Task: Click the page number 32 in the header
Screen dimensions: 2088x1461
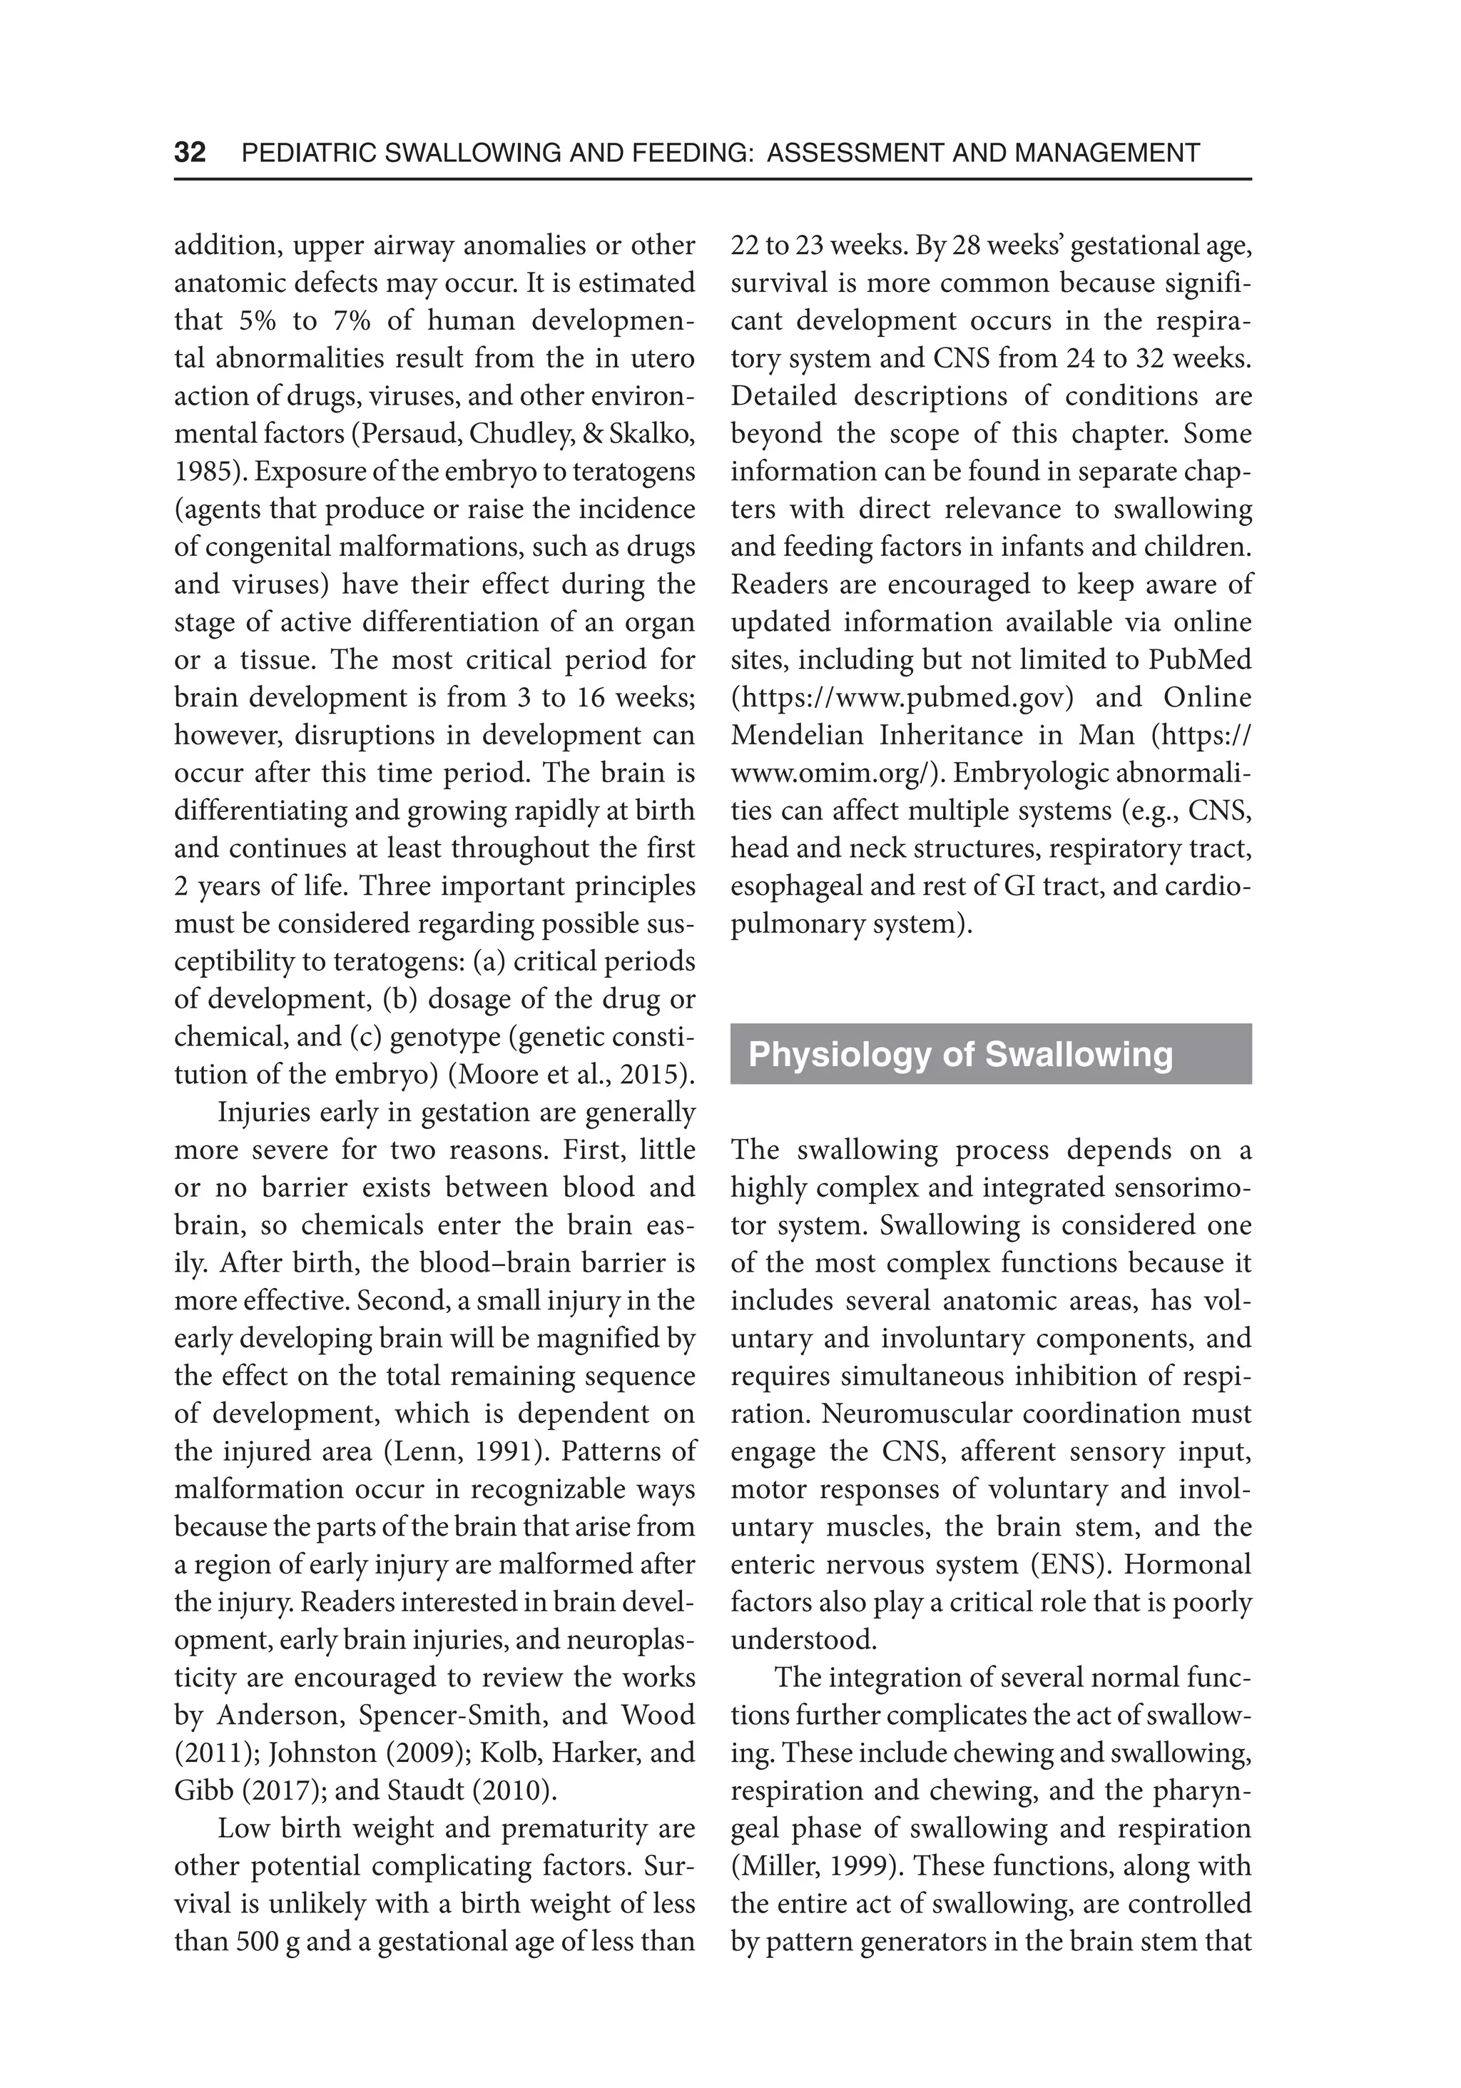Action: tap(190, 152)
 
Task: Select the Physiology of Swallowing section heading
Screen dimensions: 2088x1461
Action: tap(960, 1054)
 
